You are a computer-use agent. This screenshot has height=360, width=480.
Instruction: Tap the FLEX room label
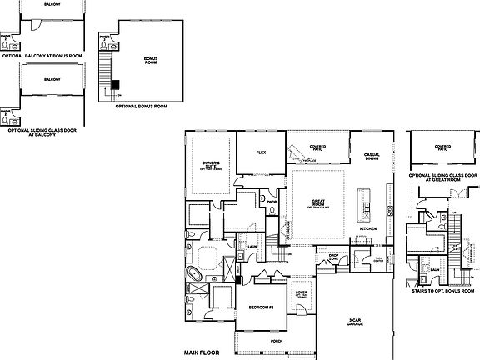point(260,153)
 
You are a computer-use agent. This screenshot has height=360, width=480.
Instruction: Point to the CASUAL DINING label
point(372,157)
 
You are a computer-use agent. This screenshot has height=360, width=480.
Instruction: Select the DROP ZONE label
point(333,257)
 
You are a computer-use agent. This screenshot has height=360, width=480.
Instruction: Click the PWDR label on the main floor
point(271,200)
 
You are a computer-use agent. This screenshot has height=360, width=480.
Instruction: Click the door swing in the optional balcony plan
point(32,25)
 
